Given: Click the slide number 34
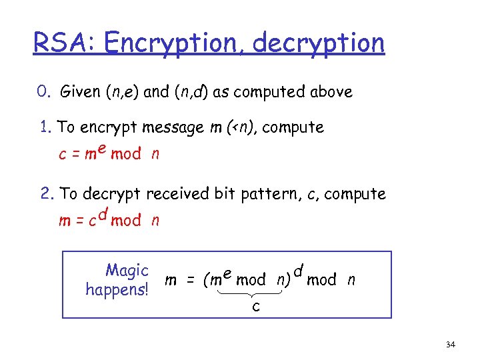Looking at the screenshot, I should (x=450, y=344).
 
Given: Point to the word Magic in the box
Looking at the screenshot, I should (x=127, y=271).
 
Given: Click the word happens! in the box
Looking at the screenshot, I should (x=117, y=289).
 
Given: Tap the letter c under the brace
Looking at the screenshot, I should (x=256, y=307).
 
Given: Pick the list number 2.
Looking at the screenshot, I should (x=45, y=193).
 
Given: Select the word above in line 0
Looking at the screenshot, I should (x=331, y=92).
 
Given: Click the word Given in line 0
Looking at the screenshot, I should (x=79, y=92).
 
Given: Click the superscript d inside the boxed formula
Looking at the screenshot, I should (x=298, y=270).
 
